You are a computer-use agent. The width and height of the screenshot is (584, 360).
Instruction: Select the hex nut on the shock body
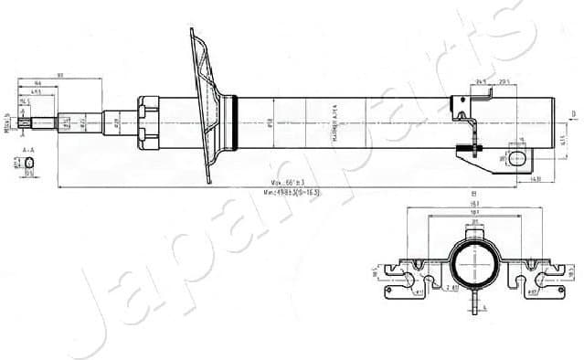tap(148, 120)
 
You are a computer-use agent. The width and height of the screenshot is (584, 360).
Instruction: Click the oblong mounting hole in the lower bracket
tap(518, 159)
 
